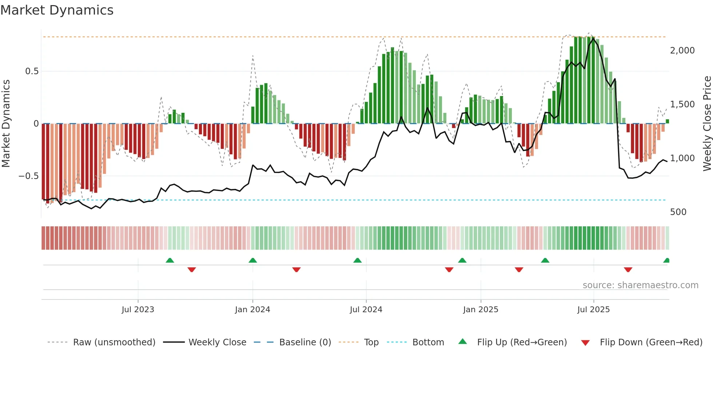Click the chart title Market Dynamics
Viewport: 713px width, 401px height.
pos(57,10)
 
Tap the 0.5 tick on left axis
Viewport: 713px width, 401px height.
pos(32,71)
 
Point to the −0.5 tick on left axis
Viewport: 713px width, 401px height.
pos(28,176)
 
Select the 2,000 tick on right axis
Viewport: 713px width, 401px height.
pos(682,51)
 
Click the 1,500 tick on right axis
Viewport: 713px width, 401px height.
pos(682,104)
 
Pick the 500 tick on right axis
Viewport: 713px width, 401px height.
pos(678,212)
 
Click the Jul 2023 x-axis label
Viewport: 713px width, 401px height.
pos(138,310)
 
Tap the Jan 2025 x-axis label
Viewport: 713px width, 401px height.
pos(481,310)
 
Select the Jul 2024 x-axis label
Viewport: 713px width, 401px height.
pos(366,310)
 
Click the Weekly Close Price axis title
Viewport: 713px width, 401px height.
pos(707,124)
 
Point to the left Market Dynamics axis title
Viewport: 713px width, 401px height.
pos(6,124)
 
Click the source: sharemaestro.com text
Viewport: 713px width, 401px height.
pos(640,285)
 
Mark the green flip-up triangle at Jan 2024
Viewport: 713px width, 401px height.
pos(253,261)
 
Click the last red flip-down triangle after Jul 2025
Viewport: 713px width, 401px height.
pos(628,270)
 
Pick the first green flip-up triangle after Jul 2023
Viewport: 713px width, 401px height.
pos(170,261)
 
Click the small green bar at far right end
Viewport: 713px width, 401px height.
pos(667,122)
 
